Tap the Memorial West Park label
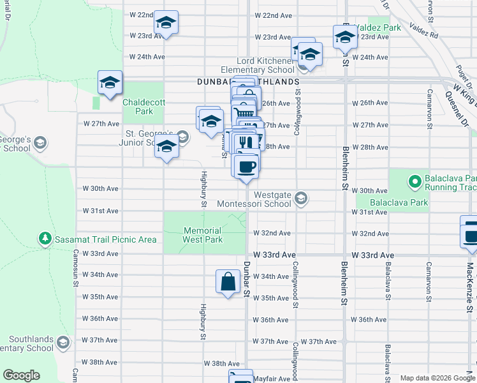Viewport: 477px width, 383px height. [x=203, y=235]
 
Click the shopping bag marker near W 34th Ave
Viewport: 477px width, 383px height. [x=228, y=280]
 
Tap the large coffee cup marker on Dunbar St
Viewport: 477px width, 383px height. [x=246, y=167]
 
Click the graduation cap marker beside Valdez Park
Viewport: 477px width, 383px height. [x=345, y=36]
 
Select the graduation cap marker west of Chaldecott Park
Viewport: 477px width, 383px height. [x=110, y=82]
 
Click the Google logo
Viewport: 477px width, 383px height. [x=21, y=375]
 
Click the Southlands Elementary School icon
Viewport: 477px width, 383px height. [x=63, y=343]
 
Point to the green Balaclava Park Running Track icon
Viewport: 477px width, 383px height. [x=415, y=183]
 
